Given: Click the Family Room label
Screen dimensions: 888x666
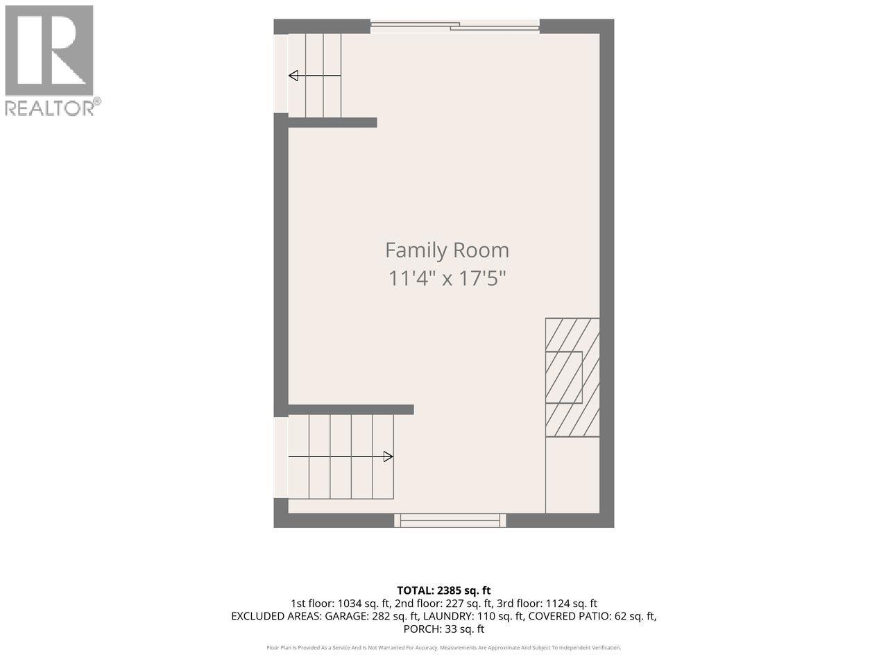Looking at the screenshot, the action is coord(447,250).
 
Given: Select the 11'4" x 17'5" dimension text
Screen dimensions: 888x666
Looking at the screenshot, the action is coord(447,278).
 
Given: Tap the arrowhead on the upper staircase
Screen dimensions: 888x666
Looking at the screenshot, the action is coord(293,76).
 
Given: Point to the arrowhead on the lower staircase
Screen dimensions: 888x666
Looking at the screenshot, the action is coord(388,456).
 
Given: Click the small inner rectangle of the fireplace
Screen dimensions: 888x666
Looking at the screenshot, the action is coord(564,377).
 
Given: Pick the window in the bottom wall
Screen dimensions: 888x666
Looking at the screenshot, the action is coord(450,520).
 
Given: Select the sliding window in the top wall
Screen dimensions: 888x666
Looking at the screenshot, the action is coord(455,26).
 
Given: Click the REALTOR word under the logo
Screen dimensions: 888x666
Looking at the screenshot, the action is coord(49,108).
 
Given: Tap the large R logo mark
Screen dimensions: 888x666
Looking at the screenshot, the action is coord(49,51).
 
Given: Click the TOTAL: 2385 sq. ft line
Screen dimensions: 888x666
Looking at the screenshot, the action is coord(444,591).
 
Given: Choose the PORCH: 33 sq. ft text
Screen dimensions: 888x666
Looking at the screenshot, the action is coord(444,629).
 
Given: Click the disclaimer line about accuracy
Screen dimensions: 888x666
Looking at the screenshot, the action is coord(444,648).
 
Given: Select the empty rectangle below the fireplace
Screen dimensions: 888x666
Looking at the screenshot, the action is coord(572,475).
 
